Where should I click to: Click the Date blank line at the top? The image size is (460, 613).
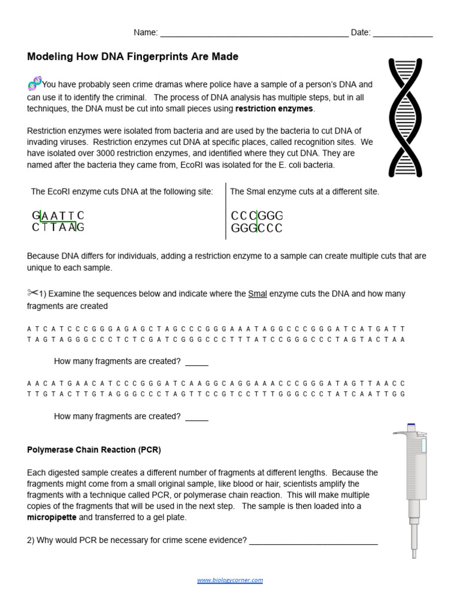[402, 36]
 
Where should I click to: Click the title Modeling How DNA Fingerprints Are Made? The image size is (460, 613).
[132, 57]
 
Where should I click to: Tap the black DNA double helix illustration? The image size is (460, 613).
[405, 117]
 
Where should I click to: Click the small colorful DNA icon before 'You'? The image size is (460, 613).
[34, 83]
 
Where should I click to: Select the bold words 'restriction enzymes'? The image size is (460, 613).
[274, 109]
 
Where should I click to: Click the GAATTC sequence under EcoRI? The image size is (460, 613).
[58, 216]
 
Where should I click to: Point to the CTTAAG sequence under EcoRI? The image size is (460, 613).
[58, 227]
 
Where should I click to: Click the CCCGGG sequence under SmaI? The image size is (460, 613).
[256, 216]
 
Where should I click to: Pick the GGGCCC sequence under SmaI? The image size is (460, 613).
[256, 228]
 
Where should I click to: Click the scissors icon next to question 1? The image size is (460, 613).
[32, 293]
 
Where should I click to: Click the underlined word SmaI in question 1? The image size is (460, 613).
[258, 294]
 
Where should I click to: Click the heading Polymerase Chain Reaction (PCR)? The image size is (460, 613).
[94, 450]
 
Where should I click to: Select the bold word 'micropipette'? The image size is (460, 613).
[52, 517]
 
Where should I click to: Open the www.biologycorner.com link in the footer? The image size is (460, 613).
[230, 580]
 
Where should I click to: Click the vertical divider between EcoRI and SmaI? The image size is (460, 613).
[226, 211]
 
